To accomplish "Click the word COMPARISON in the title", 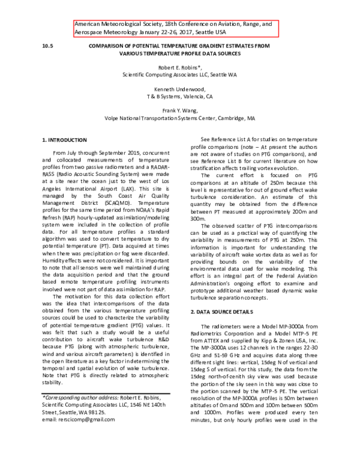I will (x=109, y=44).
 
